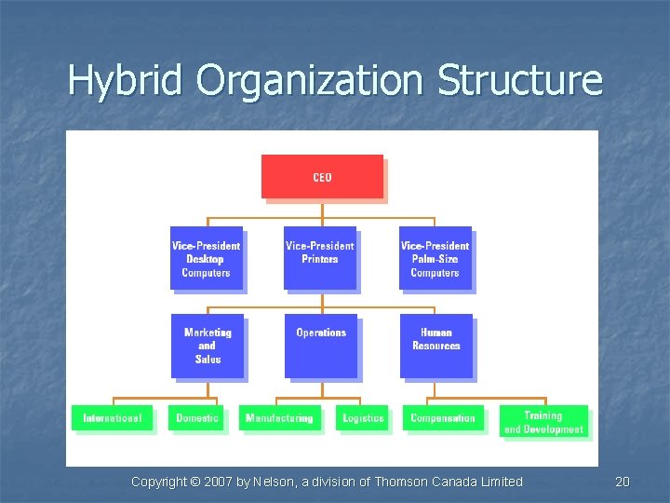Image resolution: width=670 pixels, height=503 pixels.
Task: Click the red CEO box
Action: click(x=322, y=177)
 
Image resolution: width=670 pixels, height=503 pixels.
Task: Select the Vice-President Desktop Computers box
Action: click(x=206, y=258)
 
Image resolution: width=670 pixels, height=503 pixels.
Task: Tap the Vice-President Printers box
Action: click(x=320, y=258)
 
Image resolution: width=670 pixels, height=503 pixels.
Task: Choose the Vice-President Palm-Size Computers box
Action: click(x=435, y=258)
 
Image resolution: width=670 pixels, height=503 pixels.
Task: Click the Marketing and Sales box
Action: click(x=208, y=346)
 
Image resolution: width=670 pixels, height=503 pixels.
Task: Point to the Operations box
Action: click(x=321, y=346)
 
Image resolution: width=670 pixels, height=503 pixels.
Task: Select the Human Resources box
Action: click(x=435, y=346)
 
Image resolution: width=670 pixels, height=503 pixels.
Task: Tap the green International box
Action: click(x=113, y=417)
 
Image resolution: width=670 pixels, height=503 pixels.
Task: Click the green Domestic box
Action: click(x=197, y=417)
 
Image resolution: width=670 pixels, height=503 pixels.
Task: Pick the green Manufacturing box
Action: click(x=279, y=417)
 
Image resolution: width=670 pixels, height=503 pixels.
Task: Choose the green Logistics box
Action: click(x=363, y=417)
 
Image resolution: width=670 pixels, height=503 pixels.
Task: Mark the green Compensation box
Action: click(x=443, y=417)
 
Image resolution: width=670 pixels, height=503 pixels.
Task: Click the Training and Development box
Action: click(x=543, y=422)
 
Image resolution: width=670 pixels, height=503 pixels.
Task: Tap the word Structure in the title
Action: click(x=519, y=81)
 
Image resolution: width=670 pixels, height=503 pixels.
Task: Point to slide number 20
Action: click(x=623, y=482)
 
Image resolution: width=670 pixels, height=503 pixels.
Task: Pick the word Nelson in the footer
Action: click(x=271, y=482)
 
